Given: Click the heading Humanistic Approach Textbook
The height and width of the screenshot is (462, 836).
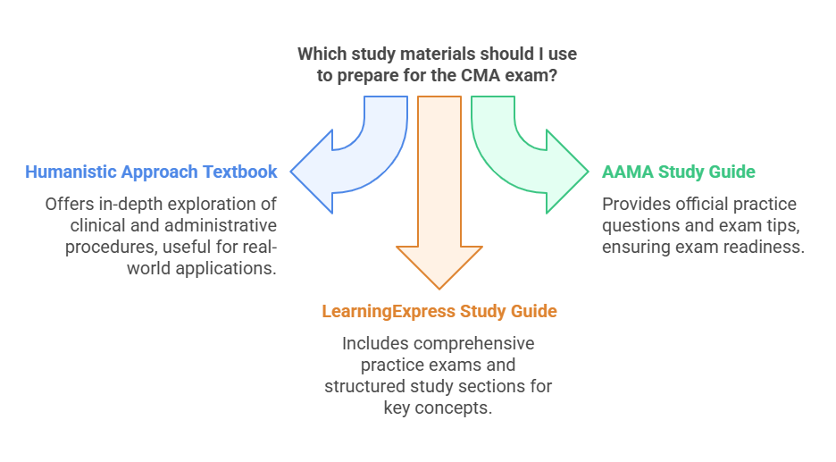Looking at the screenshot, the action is point(151,172).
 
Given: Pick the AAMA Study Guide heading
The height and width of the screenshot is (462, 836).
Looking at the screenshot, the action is point(679,172).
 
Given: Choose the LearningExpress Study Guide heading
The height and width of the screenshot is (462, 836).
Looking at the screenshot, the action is point(439,311).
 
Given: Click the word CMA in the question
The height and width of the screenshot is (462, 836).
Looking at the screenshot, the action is point(490,76).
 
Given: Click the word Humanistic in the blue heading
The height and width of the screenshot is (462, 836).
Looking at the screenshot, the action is point(70,172).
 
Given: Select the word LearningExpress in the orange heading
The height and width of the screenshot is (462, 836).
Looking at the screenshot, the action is point(389,311).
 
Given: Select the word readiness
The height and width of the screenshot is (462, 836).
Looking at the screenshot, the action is point(767,247).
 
